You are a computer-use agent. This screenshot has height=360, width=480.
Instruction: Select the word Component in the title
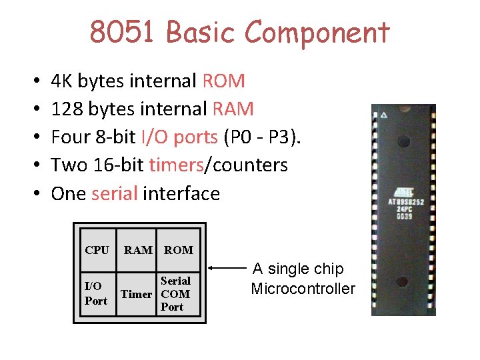click(317, 33)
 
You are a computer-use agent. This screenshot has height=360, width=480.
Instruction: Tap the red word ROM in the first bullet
click(223, 81)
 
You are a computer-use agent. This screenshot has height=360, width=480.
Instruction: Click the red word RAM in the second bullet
click(233, 109)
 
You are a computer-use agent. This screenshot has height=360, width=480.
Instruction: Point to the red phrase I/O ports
click(179, 137)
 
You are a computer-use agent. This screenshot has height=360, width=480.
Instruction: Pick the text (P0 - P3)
click(263, 137)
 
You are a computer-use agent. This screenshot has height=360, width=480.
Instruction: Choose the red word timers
click(176, 165)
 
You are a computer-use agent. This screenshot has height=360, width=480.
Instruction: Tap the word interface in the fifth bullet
click(181, 193)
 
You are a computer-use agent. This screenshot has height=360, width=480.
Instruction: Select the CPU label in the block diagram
click(97, 250)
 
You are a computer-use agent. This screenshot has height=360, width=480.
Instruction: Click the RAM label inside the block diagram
click(138, 250)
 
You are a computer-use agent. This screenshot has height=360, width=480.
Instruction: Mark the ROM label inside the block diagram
click(178, 250)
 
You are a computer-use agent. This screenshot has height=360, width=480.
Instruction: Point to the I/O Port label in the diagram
click(96, 293)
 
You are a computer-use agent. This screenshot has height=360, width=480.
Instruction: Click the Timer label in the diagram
click(136, 294)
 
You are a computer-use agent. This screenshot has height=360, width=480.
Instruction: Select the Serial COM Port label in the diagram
click(175, 294)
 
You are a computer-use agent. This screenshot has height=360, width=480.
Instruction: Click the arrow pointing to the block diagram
click(227, 270)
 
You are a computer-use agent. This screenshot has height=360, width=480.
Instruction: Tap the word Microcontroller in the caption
click(303, 289)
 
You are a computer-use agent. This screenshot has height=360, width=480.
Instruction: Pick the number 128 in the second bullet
click(65, 109)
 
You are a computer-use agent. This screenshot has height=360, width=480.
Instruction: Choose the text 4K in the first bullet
click(62, 81)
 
